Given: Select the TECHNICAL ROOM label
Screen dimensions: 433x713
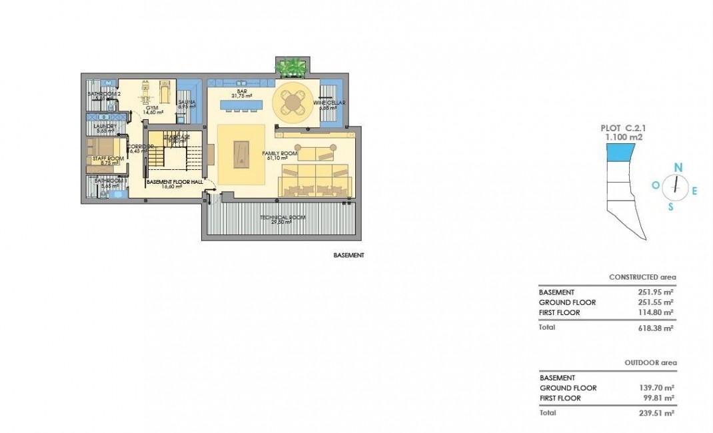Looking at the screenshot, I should [x=281, y=218].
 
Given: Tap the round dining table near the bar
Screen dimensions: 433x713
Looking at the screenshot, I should [x=291, y=101].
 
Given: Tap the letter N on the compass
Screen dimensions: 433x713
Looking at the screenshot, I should [x=678, y=167].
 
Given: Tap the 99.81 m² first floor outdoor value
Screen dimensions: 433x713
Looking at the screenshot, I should [x=656, y=398].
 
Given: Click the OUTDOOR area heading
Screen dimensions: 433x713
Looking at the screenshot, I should [x=650, y=363].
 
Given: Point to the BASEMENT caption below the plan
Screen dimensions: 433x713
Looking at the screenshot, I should [x=349, y=255].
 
